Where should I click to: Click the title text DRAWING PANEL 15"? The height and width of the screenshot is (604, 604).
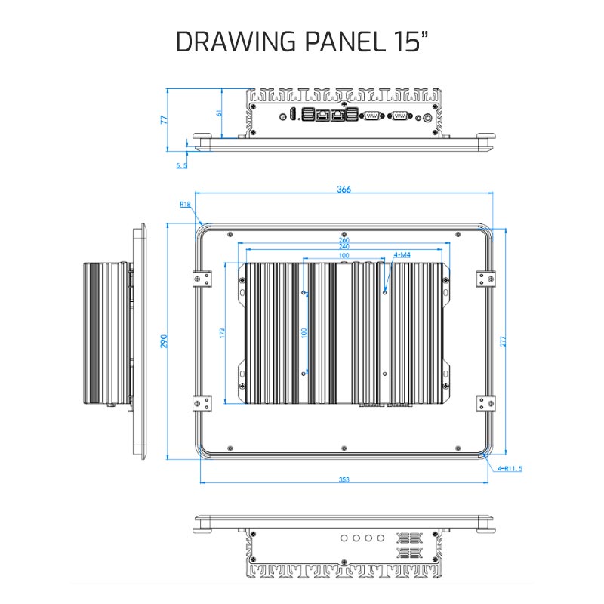tap(302, 42)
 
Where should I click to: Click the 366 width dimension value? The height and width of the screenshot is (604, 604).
tap(344, 190)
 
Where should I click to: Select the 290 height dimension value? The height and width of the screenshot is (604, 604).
tap(164, 341)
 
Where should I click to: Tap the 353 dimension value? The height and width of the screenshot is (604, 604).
tap(344, 479)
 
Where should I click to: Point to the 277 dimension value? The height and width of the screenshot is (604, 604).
tap(503, 341)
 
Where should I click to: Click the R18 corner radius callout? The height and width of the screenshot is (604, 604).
tap(185, 204)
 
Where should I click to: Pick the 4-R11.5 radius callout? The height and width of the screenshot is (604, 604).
tap(510, 468)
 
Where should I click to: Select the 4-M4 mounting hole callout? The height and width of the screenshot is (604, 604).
tap(402, 255)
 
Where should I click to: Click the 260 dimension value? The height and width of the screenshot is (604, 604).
tap(344, 240)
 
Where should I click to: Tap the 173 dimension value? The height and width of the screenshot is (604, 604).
tap(222, 333)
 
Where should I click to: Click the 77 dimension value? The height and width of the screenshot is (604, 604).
tap(164, 119)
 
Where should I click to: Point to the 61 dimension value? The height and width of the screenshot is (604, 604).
tap(219, 112)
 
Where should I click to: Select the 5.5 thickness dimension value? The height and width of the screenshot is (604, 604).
tap(182, 165)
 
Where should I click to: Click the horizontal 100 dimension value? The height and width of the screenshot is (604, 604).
tap(344, 255)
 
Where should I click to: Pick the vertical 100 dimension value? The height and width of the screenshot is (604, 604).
tap(304, 333)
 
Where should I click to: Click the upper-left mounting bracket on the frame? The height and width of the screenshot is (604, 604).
tap(202, 279)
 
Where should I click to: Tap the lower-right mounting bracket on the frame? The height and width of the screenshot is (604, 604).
tap(485, 404)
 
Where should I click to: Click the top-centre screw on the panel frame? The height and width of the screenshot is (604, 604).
tap(344, 235)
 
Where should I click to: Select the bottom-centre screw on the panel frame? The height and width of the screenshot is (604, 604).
tap(344, 448)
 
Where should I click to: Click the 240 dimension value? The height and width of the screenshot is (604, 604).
tap(344, 247)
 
